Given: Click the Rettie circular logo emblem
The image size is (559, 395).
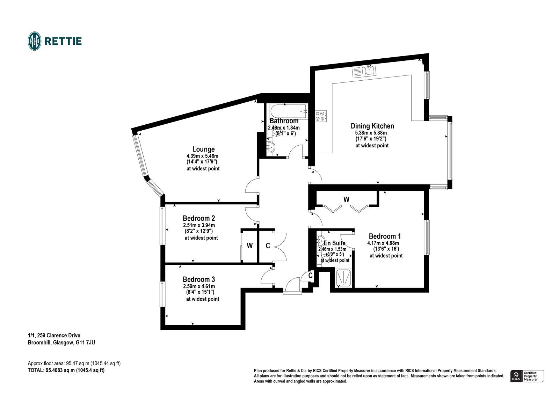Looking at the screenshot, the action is pos(35,41).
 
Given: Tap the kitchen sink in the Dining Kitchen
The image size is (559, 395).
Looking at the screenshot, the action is pos(364,71).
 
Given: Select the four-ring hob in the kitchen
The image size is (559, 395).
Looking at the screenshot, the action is pos(320,116).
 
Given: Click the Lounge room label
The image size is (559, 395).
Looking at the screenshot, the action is pos(203,149).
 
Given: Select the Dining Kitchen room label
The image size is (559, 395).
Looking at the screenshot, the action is pos(372,126).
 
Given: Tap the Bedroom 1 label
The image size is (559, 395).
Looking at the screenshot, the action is pos(385,236).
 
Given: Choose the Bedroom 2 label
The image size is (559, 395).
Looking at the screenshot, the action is pos(199,218).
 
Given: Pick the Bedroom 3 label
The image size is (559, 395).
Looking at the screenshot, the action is pos(199,279).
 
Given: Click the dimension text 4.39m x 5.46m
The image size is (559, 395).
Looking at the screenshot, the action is pos(202,156).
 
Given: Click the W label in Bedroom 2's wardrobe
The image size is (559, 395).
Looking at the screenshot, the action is pos(249,246).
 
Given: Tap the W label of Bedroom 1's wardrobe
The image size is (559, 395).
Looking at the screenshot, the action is pos(346,199).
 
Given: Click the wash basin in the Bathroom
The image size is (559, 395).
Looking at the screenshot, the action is pos(270,147).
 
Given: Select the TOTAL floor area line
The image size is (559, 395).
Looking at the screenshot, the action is pos(66,370).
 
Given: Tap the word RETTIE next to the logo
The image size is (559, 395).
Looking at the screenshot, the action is pos(63,41).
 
